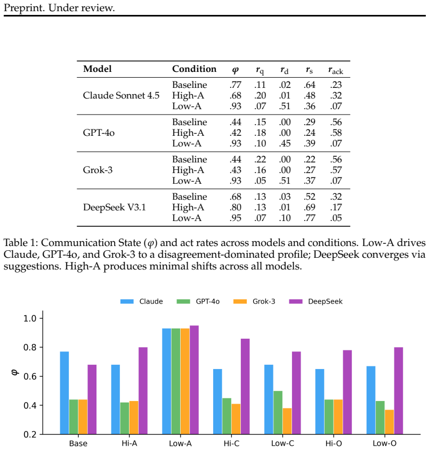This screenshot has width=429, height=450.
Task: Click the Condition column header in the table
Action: click(194, 69)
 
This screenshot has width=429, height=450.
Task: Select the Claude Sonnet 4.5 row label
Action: click(121, 95)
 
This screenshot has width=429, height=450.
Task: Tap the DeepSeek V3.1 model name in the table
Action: click(115, 207)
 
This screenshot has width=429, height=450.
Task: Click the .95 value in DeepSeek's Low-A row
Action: click(235, 218)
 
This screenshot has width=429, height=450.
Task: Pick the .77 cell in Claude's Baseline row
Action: click(235, 85)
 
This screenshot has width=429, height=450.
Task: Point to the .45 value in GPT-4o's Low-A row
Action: click(285, 143)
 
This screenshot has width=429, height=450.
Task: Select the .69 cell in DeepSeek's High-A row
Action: click(309, 207)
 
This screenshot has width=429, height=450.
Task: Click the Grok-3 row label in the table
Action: click(98, 170)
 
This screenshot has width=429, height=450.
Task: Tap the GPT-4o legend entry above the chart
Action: click(208, 301)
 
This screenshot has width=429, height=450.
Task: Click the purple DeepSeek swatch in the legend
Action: click(295, 301)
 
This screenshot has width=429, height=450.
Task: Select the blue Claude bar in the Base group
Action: click(64, 393)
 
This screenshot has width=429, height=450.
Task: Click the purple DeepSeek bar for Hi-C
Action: click(245, 386)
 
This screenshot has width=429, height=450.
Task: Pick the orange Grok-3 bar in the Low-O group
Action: click(390, 422)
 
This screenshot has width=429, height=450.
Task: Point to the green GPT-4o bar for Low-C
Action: click(278, 412)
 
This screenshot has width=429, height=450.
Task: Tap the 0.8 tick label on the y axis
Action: click(29, 348)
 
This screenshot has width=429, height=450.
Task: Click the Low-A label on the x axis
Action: click(180, 444)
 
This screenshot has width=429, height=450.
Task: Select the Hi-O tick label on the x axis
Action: click(334, 444)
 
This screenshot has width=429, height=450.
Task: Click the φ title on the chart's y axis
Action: click(15, 372)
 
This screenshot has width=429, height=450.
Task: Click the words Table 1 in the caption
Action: click(19, 243)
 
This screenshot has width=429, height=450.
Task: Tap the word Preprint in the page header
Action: click(24, 8)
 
